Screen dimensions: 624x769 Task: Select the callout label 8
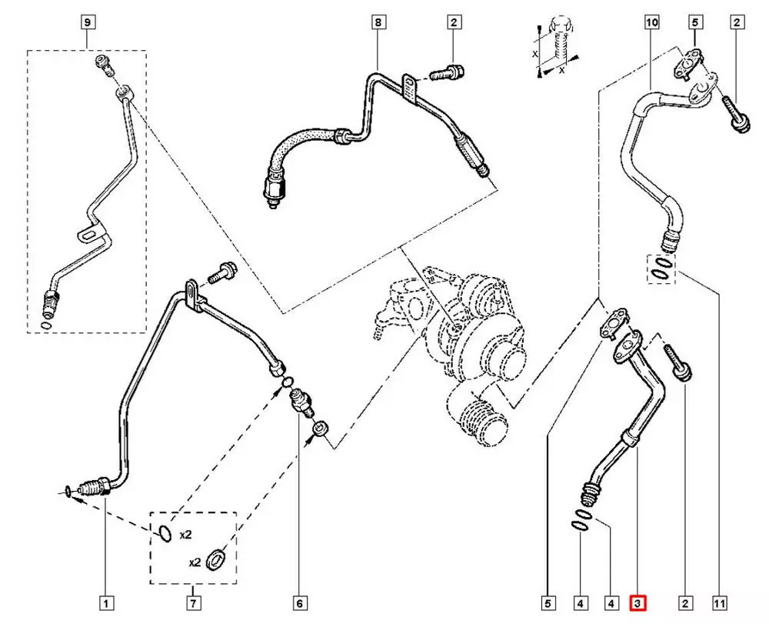click(378, 23)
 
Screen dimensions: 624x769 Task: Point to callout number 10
click(651, 23)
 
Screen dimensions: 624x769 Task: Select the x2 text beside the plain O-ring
click(185, 532)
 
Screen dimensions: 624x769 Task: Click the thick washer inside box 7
click(218, 559)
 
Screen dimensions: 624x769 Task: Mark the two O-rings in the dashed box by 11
click(661, 269)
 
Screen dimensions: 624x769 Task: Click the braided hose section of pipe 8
click(301, 151)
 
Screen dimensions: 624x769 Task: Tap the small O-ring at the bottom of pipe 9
click(48, 325)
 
